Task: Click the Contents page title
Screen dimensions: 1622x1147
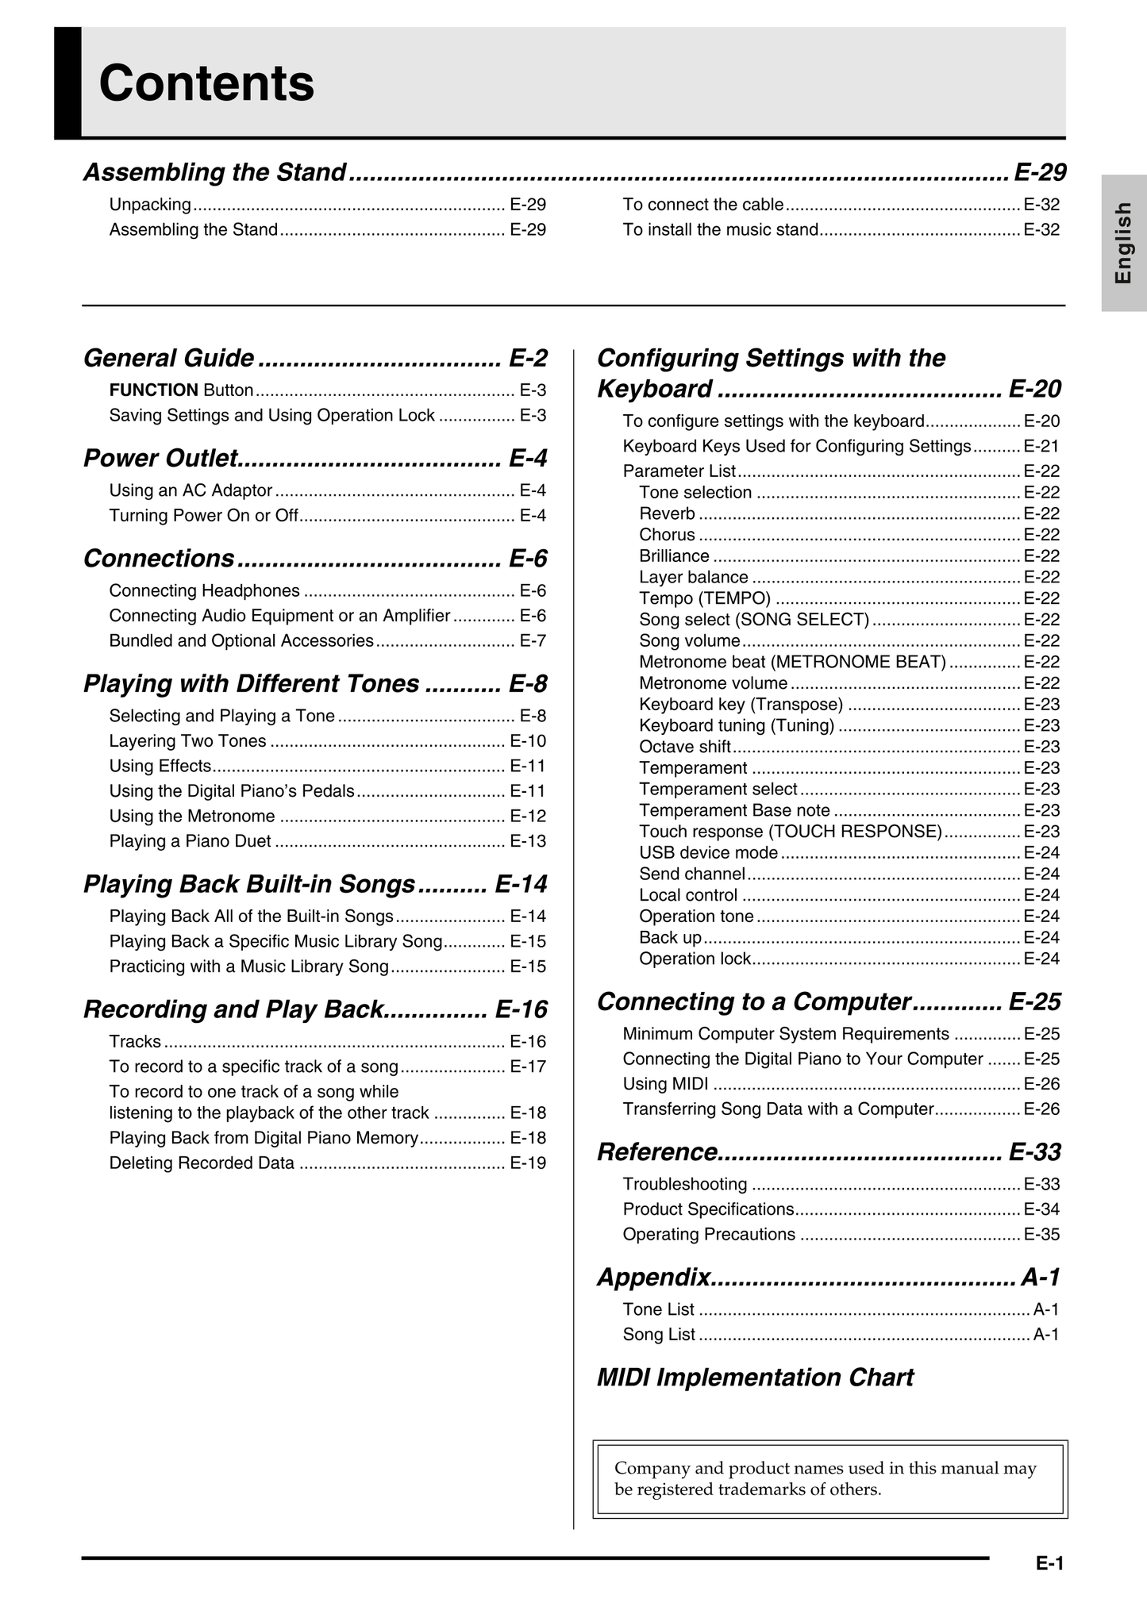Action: pyautogui.click(x=206, y=83)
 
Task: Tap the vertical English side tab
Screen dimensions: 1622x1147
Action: pyautogui.click(x=1123, y=243)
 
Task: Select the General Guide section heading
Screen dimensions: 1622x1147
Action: pyautogui.click(x=169, y=358)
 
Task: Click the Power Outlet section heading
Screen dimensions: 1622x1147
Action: pyautogui.click(x=160, y=458)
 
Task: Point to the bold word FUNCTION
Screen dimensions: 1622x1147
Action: pyautogui.click(x=153, y=390)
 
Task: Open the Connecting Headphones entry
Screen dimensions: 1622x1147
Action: pyautogui.click(x=205, y=590)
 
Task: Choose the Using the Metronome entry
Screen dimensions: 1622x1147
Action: pyautogui.click(x=192, y=816)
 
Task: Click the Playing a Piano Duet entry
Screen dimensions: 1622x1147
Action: pyautogui.click(x=191, y=841)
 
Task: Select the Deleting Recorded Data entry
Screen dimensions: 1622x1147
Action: pyautogui.click(x=202, y=1163)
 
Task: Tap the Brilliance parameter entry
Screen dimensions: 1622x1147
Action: pyautogui.click(x=674, y=556)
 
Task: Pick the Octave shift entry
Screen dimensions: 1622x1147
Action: pyautogui.click(x=685, y=747)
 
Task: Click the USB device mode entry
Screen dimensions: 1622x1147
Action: pyautogui.click(x=708, y=853)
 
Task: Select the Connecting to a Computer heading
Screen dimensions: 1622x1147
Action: pyautogui.click(x=753, y=1002)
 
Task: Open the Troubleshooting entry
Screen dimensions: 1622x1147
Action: pyautogui.click(x=685, y=1185)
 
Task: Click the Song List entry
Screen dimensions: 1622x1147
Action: pyautogui.click(x=659, y=1335)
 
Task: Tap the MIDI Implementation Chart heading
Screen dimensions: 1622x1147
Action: pyautogui.click(x=755, y=1378)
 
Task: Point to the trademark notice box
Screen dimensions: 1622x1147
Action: pyautogui.click(x=829, y=1478)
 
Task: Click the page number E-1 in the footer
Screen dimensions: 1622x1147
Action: pyautogui.click(x=1049, y=1564)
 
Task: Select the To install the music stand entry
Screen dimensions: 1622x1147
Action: pyautogui.click(x=720, y=230)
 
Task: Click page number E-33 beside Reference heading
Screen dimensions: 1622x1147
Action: pyautogui.click(x=1034, y=1152)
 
